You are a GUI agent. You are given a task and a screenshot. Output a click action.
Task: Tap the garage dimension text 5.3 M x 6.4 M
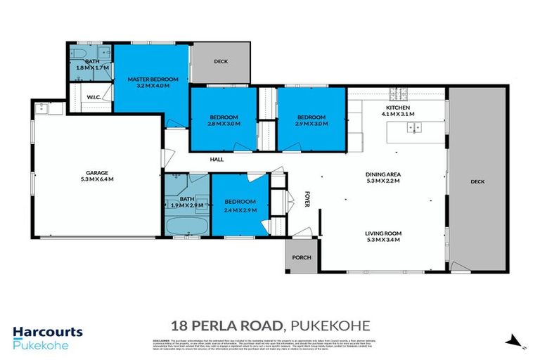(96, 179)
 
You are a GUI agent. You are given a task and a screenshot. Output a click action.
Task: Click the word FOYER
(307, 199)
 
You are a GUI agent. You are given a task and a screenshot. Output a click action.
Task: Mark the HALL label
(217, 160)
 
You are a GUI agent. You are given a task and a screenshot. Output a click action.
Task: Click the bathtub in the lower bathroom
(186, 227)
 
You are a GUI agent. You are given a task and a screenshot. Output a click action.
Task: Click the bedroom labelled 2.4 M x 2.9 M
(240, 206)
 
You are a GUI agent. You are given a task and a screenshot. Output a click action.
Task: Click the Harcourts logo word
(48, 333)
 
